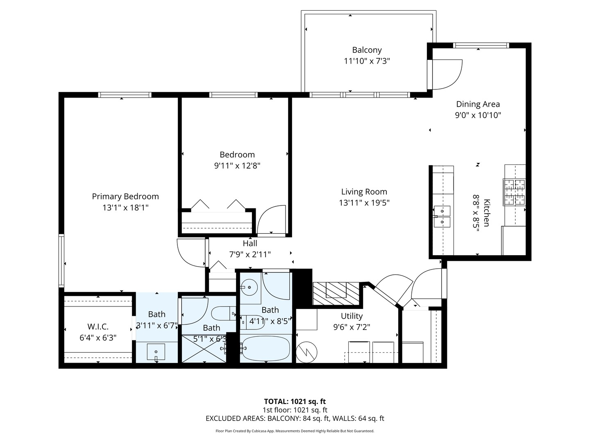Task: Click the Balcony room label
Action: click(367, 50)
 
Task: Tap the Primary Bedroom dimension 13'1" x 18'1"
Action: click(125, 208)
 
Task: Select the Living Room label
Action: click(364, 192)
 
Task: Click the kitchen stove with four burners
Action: click(514, 192)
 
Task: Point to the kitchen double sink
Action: click(442, 216)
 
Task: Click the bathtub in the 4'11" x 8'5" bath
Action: click(265, 349)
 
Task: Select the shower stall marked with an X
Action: click(204, 349)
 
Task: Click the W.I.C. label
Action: click(98, 327)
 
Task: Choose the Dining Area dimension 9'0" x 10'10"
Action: click(478, 115)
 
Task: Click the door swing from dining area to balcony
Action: click(447, 74)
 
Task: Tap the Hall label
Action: click(250, 243)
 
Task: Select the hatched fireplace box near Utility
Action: click(336, 293)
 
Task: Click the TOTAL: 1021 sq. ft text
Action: click(295, 402)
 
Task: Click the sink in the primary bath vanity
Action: click(156, 352)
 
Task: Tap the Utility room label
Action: click(352, 316)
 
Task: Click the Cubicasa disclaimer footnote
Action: click(295, 431)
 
